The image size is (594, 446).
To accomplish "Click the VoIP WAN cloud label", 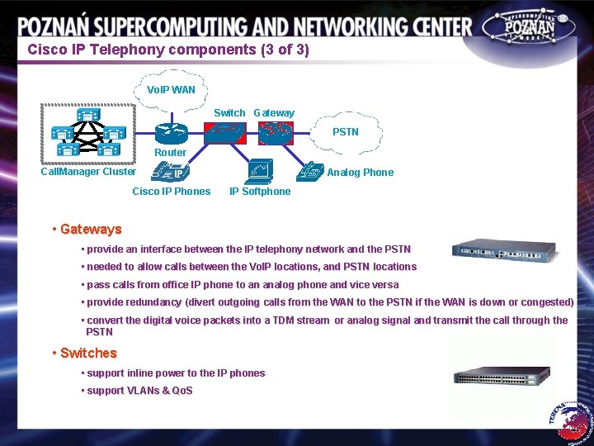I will coord(171,89).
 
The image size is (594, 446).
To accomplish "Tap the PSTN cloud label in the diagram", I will coord(345,131).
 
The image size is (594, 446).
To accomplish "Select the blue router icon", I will coord(172,132).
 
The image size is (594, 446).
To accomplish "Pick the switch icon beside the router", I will coord(224,132).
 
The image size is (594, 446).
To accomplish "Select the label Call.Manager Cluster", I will coord(88,172).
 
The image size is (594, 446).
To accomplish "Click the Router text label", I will coord(170,153).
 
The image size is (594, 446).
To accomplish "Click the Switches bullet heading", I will coord(88,353).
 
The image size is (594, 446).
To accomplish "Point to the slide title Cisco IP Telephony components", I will coord(168,50).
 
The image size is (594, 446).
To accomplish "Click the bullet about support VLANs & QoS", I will coord(139,391).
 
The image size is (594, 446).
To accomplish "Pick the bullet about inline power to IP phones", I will coord(176,373).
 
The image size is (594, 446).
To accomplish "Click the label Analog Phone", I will coord(361,173).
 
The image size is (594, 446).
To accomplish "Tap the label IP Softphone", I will coord(260,192).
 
